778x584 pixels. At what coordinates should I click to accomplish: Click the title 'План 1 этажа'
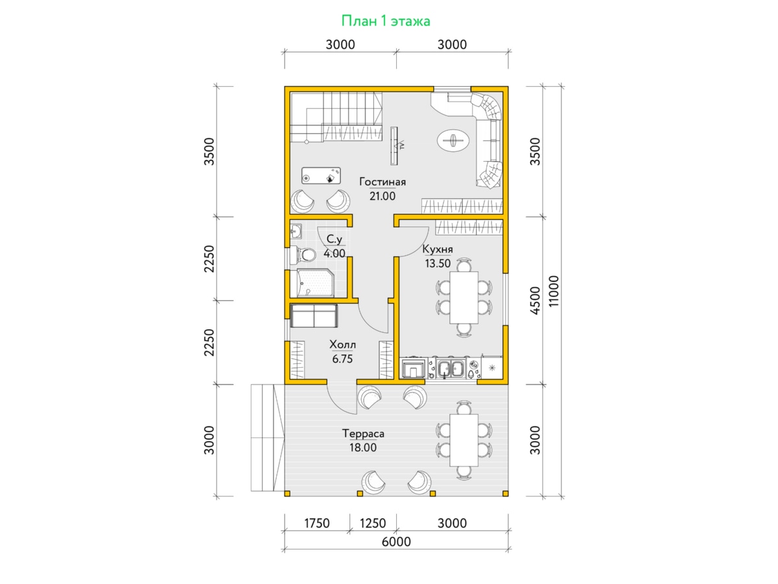point(385,21)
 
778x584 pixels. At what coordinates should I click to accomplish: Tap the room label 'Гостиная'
point(383,182)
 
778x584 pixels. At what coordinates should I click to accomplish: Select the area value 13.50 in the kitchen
point(438,263)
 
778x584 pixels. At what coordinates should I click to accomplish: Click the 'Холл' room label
point(342,345)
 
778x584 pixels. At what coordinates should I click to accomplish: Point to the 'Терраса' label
point(363,433)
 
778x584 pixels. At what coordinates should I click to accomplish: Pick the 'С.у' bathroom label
point(335,239)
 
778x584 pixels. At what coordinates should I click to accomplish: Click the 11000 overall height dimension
point(553,291)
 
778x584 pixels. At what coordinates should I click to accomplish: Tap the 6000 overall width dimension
point(396,542)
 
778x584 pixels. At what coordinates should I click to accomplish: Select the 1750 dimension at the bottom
point(317,524)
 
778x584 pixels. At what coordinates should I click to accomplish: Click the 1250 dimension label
point(373,524)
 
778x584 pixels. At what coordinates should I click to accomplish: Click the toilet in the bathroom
point(304,255)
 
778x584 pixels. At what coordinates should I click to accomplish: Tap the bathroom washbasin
point(296,232)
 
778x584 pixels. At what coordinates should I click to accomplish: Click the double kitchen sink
point(451,368)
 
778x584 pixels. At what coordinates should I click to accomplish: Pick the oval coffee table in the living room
point(453,140)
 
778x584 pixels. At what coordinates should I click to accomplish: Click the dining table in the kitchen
point(464,297)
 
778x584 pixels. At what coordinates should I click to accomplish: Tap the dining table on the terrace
point(464,440)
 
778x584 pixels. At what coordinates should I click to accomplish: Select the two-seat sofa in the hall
point(314,315)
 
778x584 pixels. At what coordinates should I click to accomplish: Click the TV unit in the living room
point(394,146)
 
